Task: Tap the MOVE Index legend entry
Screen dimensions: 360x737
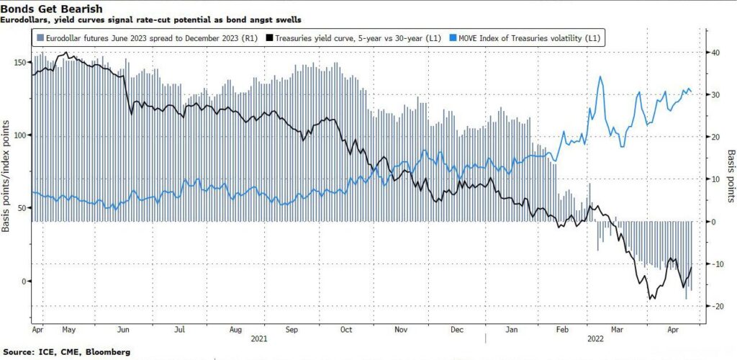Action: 525,37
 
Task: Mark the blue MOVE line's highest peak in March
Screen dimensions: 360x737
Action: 600,76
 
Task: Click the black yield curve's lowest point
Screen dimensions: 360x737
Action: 650,299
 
